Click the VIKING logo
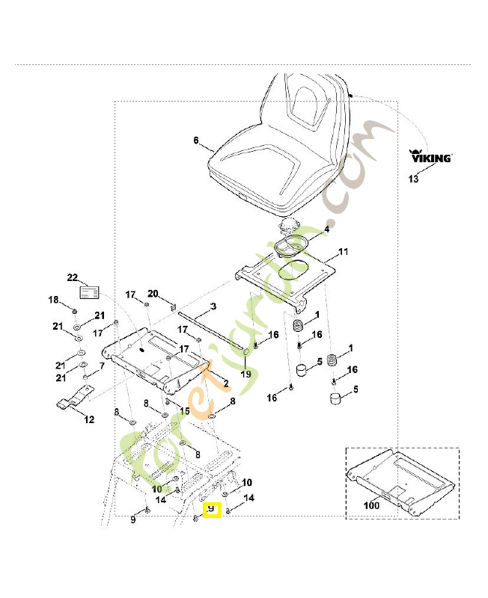(430, 158)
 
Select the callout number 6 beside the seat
(195, 141)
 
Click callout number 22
(72, 277)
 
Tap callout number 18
(53, 300)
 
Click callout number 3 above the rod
(213, 306)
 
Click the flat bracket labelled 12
(74, 404)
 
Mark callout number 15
(184, 411)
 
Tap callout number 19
(245, 374)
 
